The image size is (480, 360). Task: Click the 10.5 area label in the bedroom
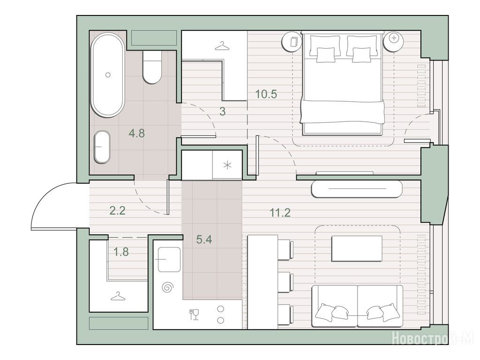point(266,94)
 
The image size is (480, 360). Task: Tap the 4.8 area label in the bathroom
point(136,133)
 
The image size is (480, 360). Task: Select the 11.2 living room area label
point(280,212)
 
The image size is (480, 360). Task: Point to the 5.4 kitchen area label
point(204,240)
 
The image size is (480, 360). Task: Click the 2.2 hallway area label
point(118,210)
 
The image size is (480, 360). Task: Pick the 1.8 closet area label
point(121,252)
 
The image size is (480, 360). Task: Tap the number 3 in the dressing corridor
point(223,112)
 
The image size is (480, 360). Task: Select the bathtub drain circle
point(108,75)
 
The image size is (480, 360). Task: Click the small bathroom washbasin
point(102,147)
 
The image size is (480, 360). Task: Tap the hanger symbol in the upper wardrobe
point(223,46)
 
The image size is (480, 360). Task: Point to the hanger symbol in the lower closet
point(118,296)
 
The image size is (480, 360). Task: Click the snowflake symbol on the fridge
point(227,165)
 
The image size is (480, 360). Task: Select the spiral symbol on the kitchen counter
point(168,287)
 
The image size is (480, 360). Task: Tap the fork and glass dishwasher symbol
point(194,315)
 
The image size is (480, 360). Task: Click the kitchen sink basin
point(169,259)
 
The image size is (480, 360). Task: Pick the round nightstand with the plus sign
point(394,41)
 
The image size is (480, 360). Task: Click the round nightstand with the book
point(292,41)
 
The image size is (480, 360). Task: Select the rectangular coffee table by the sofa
point(357,248)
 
